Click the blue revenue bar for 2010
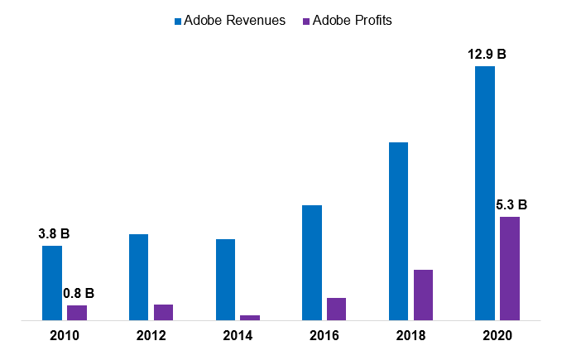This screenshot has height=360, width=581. (x=52, y=282)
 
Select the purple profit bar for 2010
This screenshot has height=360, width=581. (x=77, y=312)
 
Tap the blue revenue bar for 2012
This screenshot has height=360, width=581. (x=138, y=276)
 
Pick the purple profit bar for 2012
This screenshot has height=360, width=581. (x=163, y=312)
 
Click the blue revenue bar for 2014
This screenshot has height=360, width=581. (x=225, y=279)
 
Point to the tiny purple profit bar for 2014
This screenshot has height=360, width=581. (x=250, y=317)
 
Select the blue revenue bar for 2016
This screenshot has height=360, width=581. (x=312, y=262)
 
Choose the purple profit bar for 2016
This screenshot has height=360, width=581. (x=336, y=309)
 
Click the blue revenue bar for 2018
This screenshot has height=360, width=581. (x=398, y=231)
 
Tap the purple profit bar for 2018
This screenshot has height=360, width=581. (x=423, y=295)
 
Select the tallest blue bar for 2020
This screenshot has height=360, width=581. (x=485, y=193)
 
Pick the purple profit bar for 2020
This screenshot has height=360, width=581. (x=510, y=268)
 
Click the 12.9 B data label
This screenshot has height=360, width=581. (x=484, y=55)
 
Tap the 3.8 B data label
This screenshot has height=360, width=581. (x=54, y=234)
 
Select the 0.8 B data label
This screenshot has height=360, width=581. (x=79, y=293)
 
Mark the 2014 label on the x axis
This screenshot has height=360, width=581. (x=238, y=335)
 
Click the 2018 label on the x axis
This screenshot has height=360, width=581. (x=411, y=335)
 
